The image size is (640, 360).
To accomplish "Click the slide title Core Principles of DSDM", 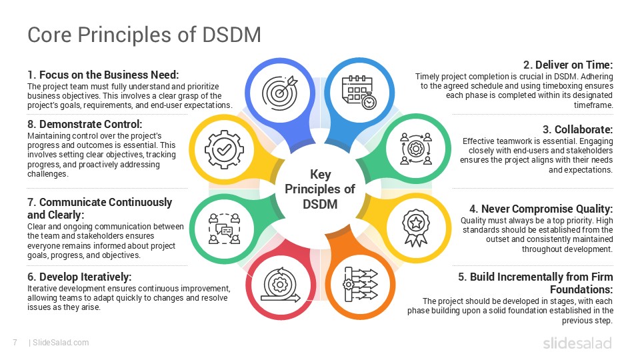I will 144,34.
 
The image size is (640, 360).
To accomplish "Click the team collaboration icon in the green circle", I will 415,148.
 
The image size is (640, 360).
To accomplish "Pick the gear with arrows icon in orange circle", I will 360,283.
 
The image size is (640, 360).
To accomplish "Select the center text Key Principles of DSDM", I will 320,189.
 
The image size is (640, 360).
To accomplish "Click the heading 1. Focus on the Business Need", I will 103,75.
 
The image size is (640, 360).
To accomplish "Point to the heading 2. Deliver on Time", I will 567,65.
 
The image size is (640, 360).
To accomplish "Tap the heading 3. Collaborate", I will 577,129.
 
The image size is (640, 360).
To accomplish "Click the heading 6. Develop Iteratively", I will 79,277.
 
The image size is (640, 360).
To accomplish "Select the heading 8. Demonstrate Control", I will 85,125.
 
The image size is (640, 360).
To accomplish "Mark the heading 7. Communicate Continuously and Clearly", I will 99,208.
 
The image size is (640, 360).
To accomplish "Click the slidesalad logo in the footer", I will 577,343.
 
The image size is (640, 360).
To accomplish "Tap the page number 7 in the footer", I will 14,343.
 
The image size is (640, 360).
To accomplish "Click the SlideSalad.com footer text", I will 60,343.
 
